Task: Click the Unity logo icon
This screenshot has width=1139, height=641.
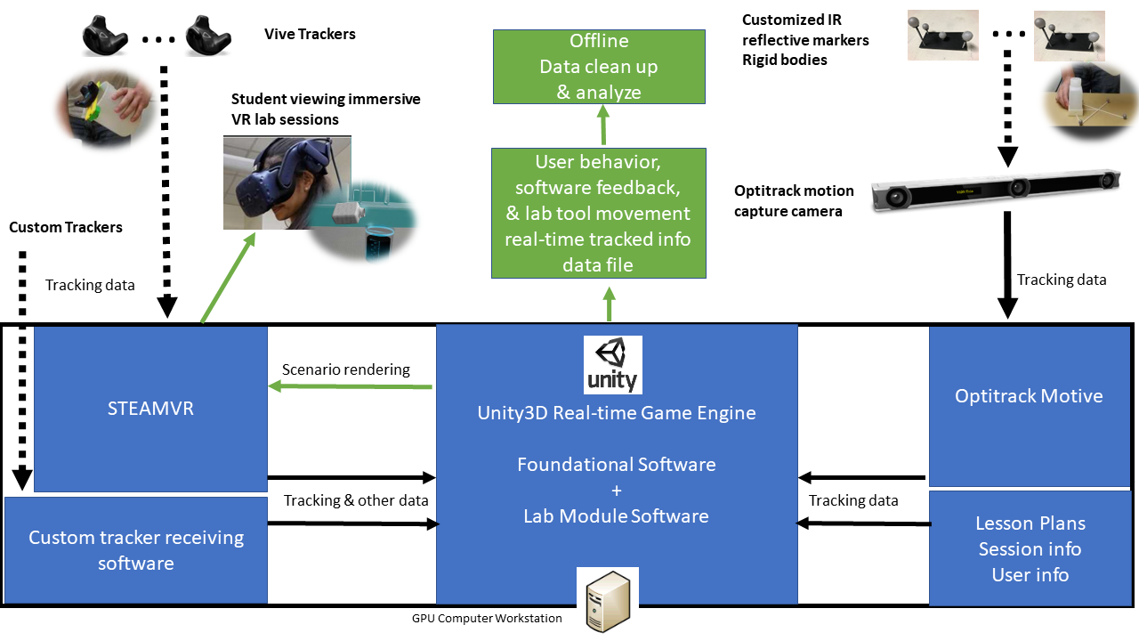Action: [612, 364]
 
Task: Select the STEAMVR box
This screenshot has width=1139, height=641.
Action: [150, 409]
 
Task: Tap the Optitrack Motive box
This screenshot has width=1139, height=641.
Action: [1029, 397]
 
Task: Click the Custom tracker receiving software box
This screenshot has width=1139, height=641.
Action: [135, 550]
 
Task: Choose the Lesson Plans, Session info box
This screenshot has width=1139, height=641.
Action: [1030, 548]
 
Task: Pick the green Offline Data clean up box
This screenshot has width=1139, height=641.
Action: [599, 67]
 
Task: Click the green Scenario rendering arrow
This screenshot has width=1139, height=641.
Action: [351, 386]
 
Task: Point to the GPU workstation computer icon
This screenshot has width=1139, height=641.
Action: [608, 599]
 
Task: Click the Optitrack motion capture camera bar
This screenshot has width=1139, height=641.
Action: [995, 188]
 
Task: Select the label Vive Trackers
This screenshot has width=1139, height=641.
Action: [310, 35]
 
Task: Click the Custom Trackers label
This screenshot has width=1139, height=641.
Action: [66, 227]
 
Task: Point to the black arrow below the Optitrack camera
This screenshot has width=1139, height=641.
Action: [1006, 264]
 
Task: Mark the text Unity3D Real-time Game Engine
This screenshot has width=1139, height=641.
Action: [617, 412]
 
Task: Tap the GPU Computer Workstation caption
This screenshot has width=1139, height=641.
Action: [487, 618]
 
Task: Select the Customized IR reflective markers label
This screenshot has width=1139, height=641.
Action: [805, 40]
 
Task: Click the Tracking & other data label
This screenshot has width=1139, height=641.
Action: [356, 500]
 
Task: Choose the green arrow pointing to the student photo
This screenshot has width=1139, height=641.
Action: [228, 277]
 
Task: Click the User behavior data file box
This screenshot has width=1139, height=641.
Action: [599, 214]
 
